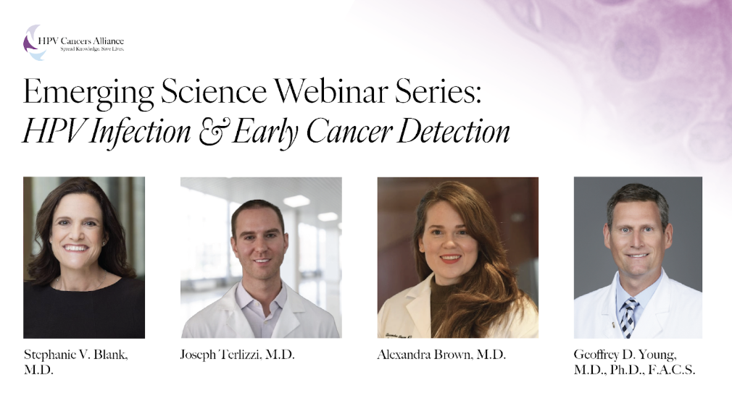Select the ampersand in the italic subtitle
coord(212,131)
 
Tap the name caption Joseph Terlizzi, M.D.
coord(238,355)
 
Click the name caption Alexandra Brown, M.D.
coord(441,355)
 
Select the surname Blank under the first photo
coord(110,355)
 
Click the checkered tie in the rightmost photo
coord(628,318)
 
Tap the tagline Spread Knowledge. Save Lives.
coord(92,49)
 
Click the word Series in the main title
coord(438,91)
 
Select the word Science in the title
coord(214,91)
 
